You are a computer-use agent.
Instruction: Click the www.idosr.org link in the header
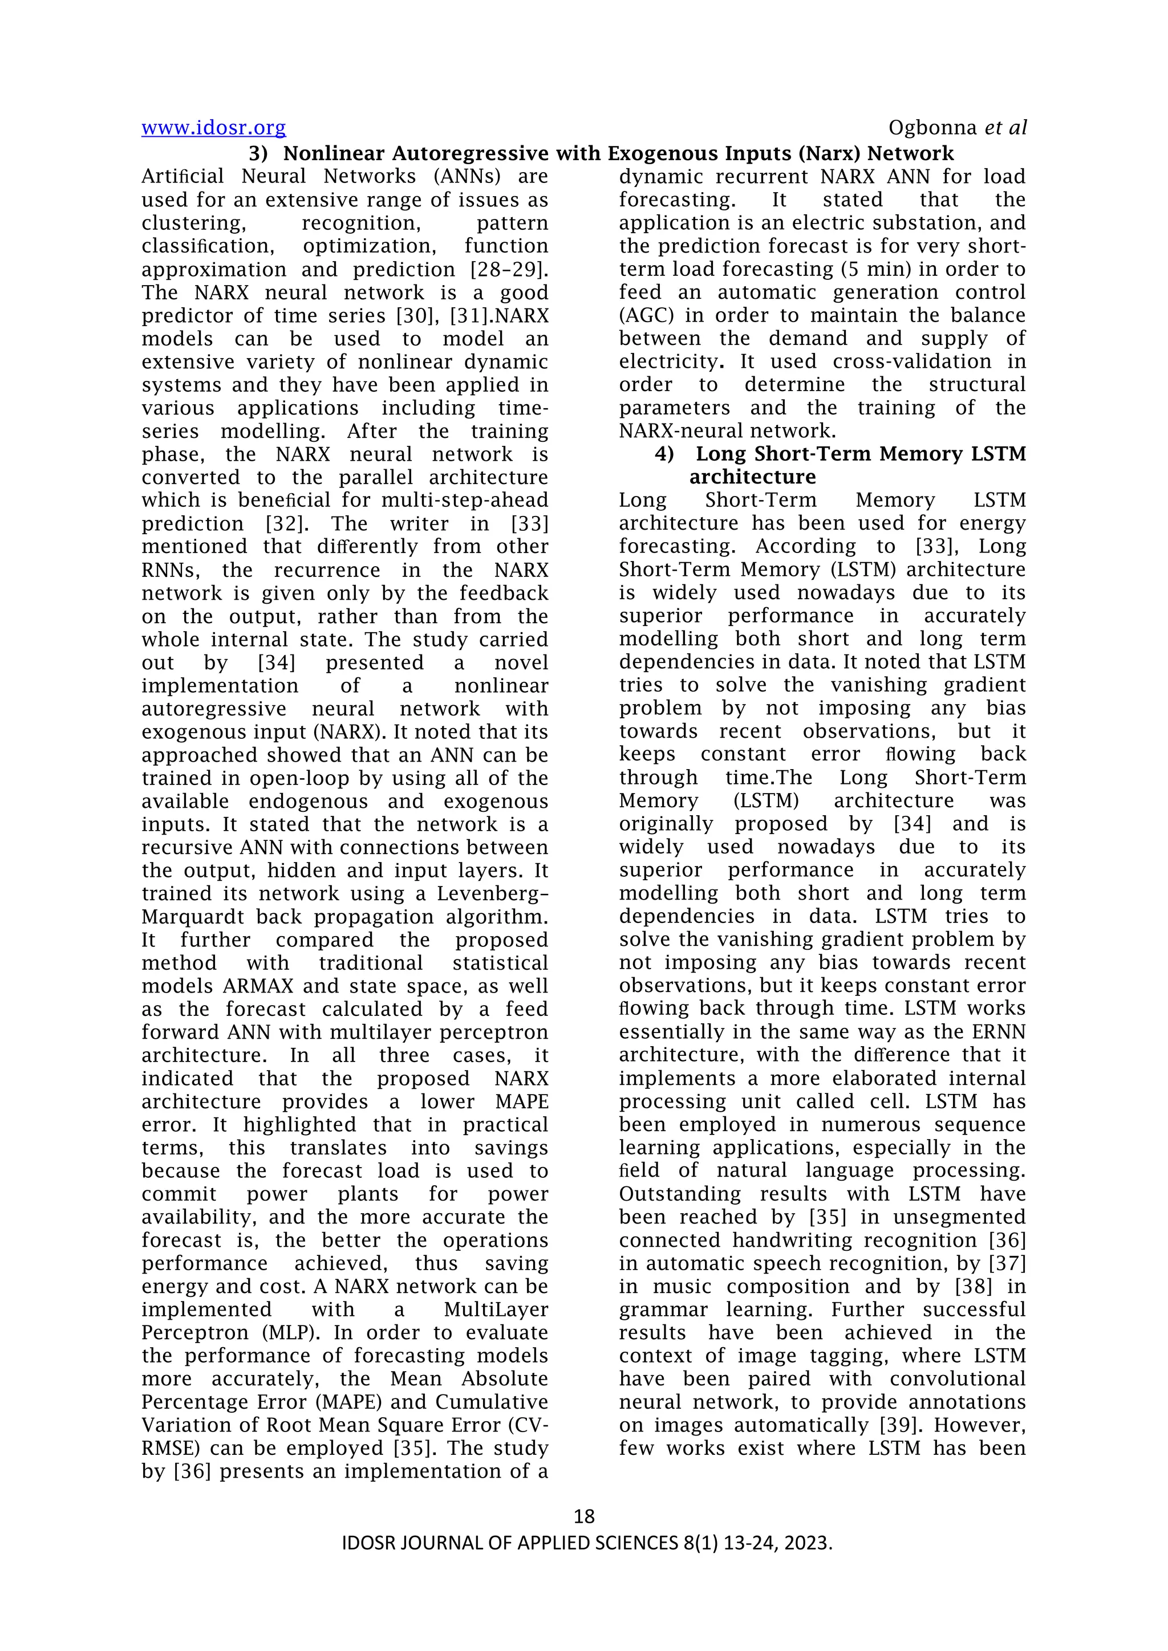(x=214, y=128)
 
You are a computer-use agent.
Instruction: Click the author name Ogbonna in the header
(x=933, y=128)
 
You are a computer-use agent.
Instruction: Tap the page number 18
(x=584, y=1516)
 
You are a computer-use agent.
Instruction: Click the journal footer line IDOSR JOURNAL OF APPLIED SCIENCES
(x=586, y=1543)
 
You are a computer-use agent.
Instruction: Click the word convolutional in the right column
(x=958, y=1378)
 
